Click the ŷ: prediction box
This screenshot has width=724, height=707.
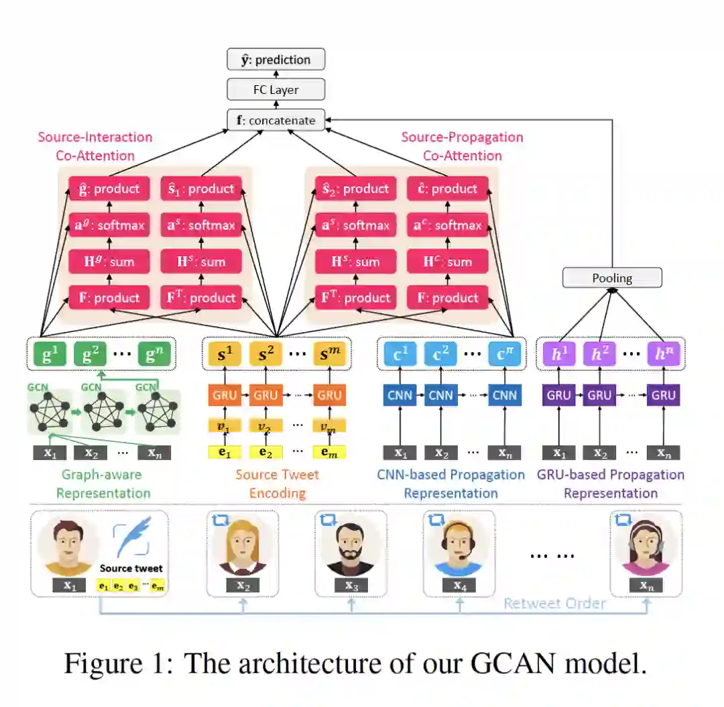(x=276, y=59)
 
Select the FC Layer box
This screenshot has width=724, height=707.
(x=276, y=89)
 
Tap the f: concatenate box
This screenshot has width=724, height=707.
(x=276, y=121)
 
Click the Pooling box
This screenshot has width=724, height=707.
(x=611, y=278)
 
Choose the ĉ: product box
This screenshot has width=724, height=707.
(x=447, y=188)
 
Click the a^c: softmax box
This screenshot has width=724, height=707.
(x=447, y=225)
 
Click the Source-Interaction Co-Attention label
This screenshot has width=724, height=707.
(x=95, y=146)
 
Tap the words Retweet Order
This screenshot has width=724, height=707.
(x=554, y=603)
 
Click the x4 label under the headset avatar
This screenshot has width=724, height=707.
(x=459, y=586)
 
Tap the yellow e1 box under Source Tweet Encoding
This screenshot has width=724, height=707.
(x=225, y=453)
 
